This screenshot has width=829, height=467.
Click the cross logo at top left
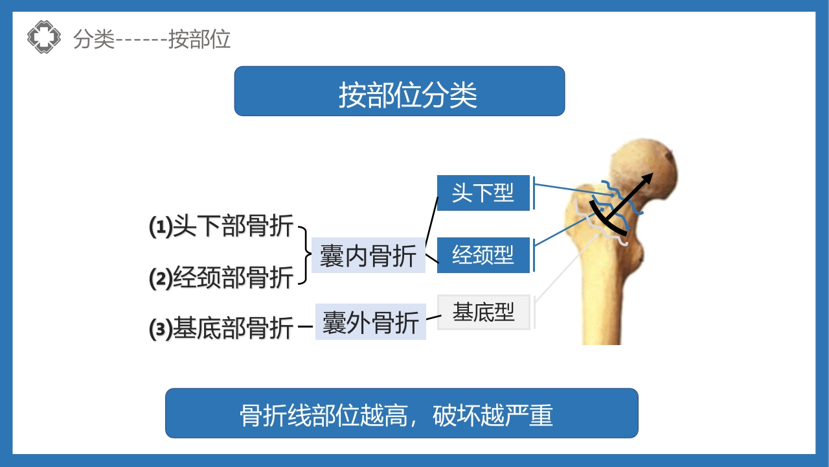click(44, 38)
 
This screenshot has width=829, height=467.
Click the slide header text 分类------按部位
click(152, 40)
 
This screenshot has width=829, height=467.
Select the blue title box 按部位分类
click(399, 91)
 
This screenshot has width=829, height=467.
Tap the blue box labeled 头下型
click(483, 193)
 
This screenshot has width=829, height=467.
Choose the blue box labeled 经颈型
click(483, 255)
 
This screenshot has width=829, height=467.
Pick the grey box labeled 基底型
click(484, 313)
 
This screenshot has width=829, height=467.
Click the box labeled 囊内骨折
click(368, 256)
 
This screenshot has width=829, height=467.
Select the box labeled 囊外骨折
click(370, 322)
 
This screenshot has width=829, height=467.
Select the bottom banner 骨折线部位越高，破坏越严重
click(402, 414)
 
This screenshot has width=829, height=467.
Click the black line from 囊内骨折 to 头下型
click(431, 221)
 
